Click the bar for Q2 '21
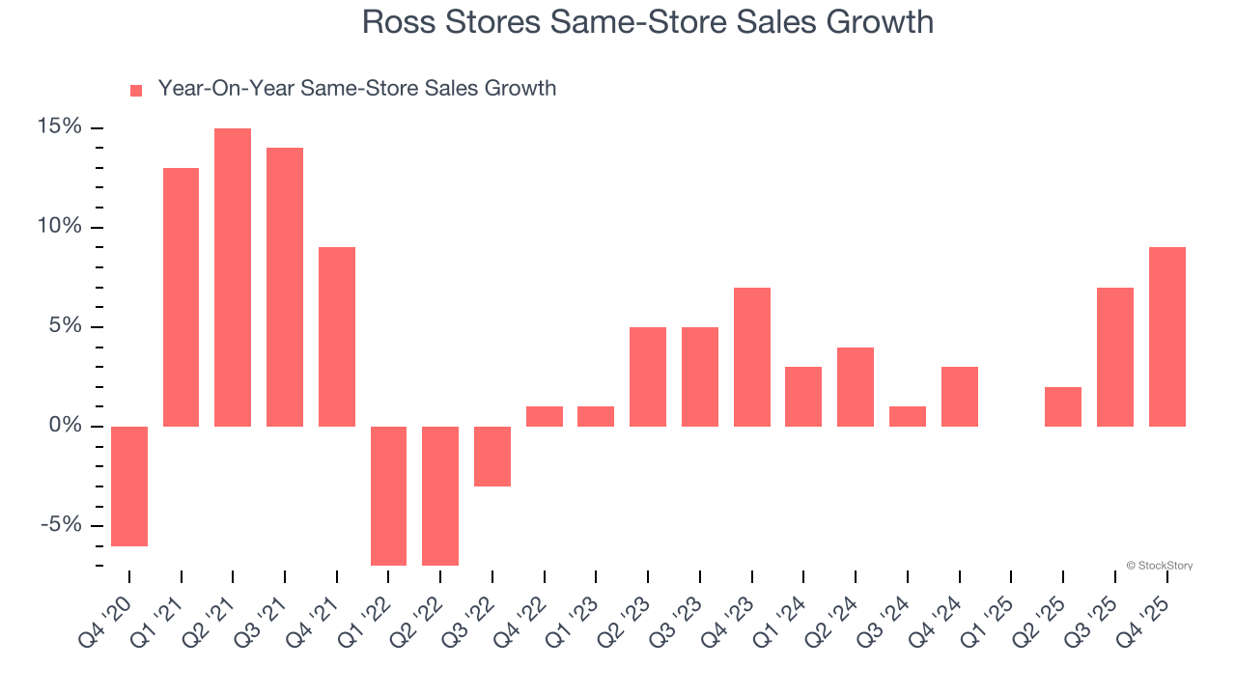(x=233, y=277)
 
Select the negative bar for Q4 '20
(x=129, y=486)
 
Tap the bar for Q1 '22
(x=388, y=495)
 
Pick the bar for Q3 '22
(x=492, y=456)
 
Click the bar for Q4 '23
(x=752, y=357)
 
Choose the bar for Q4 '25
(x=1166, y=337)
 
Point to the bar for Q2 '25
(x=1063, y=406)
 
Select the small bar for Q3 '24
(x=908, y=416)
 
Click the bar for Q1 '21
(x=181, y=297)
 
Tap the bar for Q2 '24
(x=856, y=387)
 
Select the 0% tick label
(x=68, y=426)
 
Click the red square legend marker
(x=136, y=90)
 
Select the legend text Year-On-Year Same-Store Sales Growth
(x=357, y=89)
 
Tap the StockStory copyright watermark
(x=1159, y=566)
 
